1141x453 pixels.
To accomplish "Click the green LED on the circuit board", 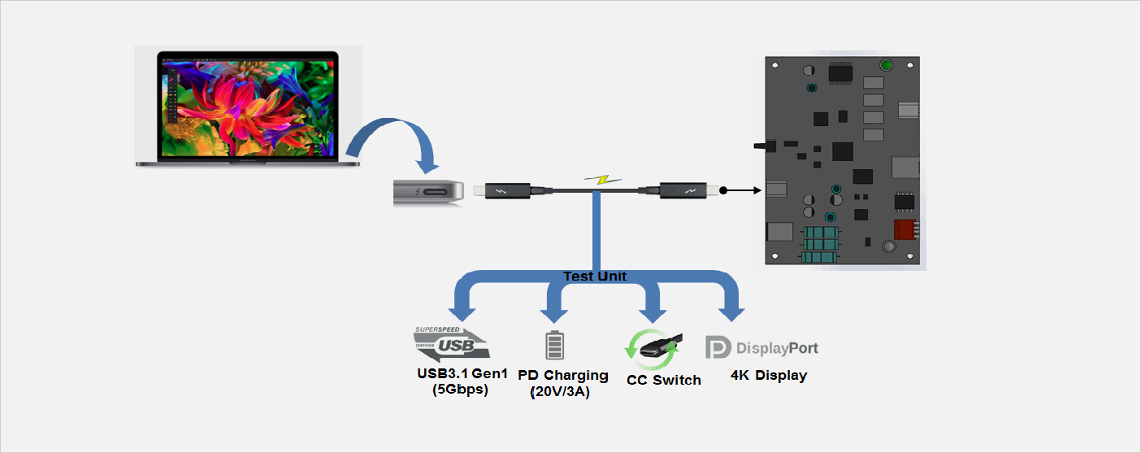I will pos(887,66).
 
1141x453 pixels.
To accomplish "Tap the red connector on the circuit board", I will pos(905,229).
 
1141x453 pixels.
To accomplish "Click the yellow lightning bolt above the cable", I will pos(600,179).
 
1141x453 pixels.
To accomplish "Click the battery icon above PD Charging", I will pos(554,345).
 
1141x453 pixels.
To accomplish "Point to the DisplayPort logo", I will pos(761,348).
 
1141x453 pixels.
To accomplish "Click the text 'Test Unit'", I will pos(594,277).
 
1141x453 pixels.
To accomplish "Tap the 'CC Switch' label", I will pos(663,380).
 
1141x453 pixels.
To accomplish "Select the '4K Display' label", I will pos(768,375).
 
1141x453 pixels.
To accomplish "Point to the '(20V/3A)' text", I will pos(559,392).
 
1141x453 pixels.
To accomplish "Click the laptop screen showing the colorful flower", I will pos(248,107).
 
